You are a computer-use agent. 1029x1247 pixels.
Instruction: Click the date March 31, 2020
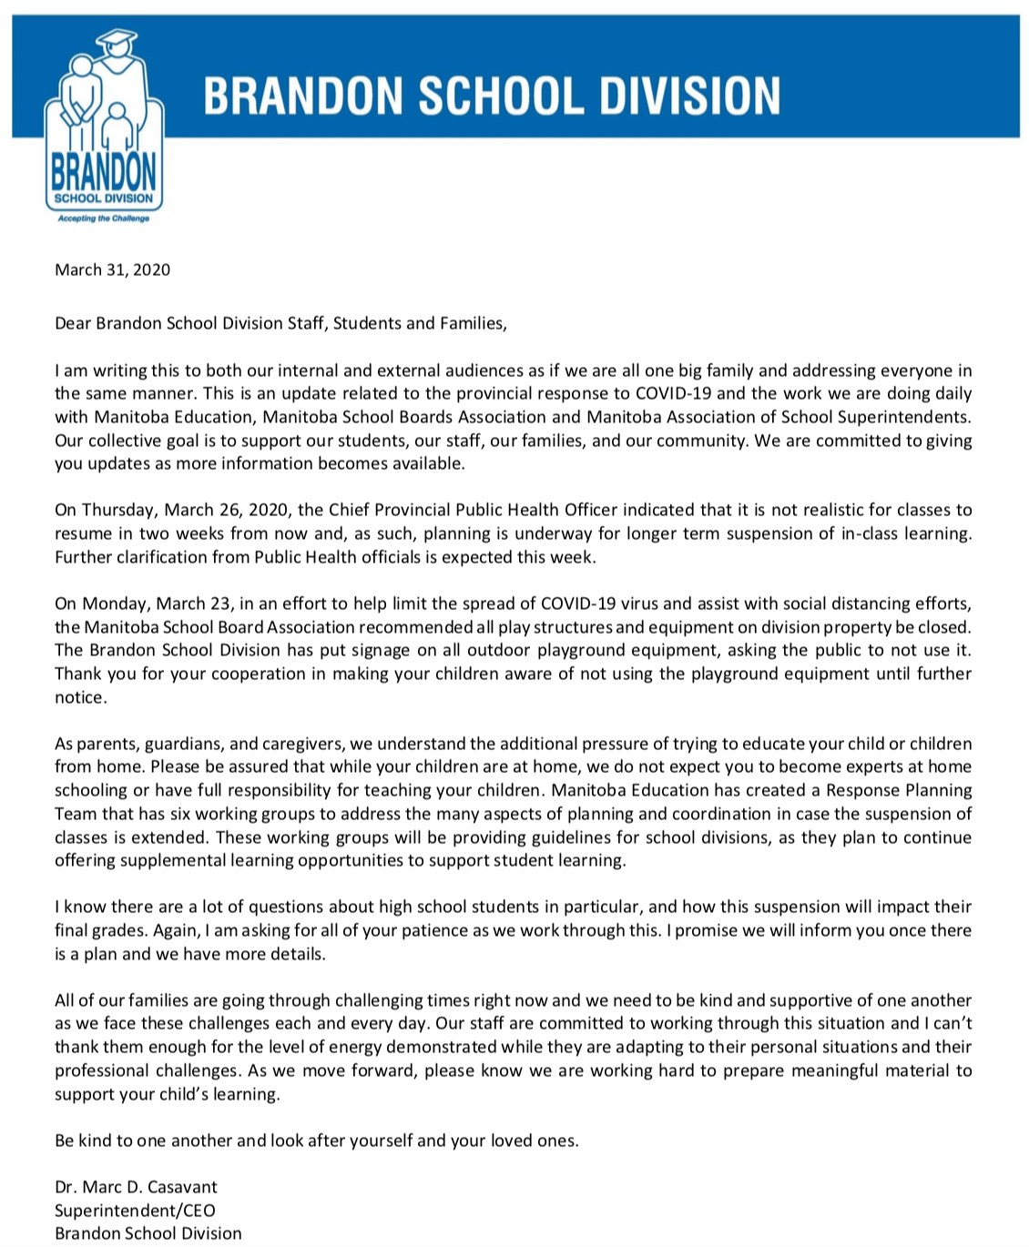click(x=112, y=269)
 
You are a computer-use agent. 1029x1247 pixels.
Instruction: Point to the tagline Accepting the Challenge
click(x=103, y=218)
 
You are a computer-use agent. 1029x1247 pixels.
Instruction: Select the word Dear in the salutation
click(x=73, y=323)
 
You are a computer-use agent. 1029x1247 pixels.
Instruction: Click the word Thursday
click(x=121, y=510)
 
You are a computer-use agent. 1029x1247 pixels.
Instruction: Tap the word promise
click(x=719, y=930)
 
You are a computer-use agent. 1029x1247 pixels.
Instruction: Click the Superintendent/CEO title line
click(x=135, y=1211)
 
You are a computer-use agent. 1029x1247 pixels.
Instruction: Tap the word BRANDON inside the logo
click(x=103, y=170)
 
